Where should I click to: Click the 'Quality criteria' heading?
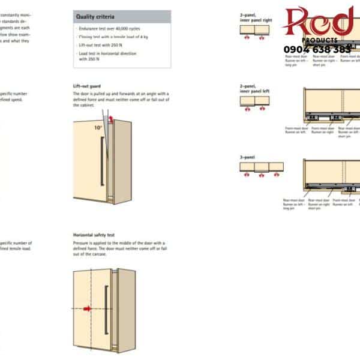click(x=95, y=17)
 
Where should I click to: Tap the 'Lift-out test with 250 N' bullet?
click(x=101, y=45)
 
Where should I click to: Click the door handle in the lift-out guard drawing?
click(x=102, y=163)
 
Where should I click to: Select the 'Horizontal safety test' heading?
click(x=94, y=235)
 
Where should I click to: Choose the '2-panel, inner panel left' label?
click(x=255, y=89)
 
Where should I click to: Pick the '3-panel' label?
click(x=247, y=157)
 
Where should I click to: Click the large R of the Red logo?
click(x=298, y=21)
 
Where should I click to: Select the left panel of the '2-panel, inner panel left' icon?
click(x=248, y=101)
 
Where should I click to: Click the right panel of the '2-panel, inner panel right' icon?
click(x=263, y=29)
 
